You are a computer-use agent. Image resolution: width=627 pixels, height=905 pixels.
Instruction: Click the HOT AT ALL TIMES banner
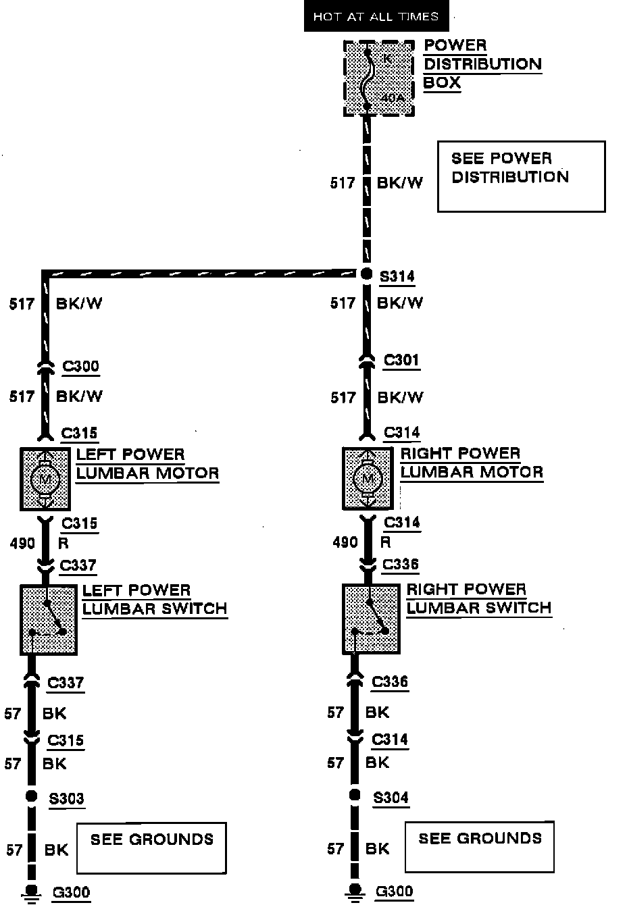pyautogui.click(x=376, y=16)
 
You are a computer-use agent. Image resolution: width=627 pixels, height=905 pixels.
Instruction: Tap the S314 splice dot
pyautogui.click(x=366, y=274)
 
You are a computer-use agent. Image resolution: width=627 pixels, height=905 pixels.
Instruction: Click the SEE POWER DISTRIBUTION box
pyautogui.click(x=521, y=176)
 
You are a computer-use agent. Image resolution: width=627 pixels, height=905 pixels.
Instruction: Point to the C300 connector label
pyautogui.click(x=80, y=366)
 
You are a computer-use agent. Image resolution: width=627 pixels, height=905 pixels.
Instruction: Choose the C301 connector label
pyautogui.click(x=401, y=360)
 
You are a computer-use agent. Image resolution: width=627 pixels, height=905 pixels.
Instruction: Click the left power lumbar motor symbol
pyautogui.click(x=45, y=479)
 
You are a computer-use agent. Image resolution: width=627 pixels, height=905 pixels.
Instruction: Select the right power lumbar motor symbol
pyautogui.click(x=368, y=478)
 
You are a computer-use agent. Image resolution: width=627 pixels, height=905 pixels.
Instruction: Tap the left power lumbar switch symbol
pyautogui.click(x=48, y=619)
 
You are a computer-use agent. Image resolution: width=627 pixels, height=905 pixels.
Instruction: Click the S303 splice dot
pyautogui.click(x=31, y=796)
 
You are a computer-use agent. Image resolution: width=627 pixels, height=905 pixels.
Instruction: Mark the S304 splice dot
pyautogui.click(x=354, y=795)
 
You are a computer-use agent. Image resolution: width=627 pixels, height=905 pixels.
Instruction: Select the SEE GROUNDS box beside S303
pyautogui.click(x=151, y=847)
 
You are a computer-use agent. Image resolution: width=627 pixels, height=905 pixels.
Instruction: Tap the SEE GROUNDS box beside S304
pyautogui.click(x=479, y=846)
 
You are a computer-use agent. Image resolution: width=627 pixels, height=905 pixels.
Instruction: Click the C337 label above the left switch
pyautogui.click(x=78, y=565)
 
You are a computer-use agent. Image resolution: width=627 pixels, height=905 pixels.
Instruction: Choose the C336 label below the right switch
pyautogui.click(x=390, y=681)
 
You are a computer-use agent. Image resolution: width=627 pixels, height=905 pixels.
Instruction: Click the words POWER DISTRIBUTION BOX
pyautogui.click(x=482, y=64)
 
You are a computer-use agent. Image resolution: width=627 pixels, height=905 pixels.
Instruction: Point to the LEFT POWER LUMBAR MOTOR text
pyautogui.click(x=147, y=463)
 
